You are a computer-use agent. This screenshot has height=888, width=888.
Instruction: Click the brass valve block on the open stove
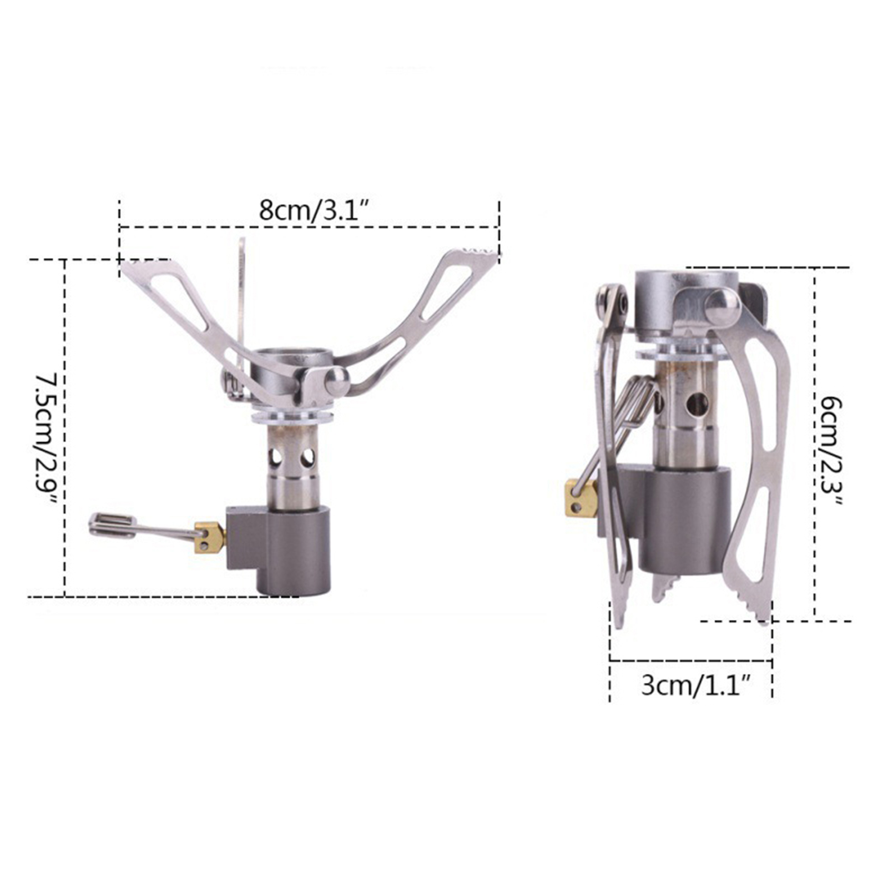(210, 537)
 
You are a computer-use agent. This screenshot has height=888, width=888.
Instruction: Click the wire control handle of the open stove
(144, 528)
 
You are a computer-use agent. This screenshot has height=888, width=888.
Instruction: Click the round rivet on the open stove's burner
(337, 381)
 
